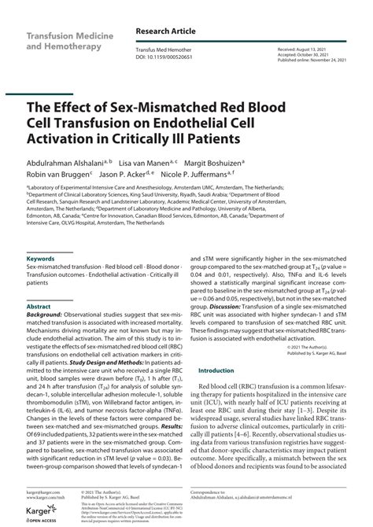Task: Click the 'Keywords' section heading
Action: click(40, 258)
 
